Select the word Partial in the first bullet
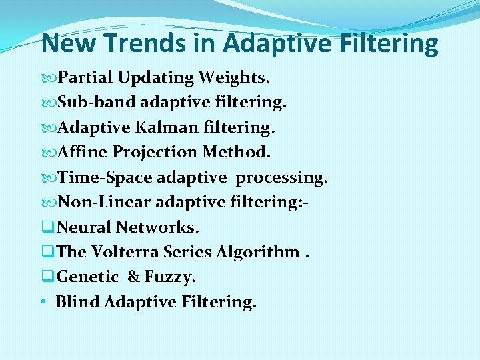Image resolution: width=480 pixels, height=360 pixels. (87, 77)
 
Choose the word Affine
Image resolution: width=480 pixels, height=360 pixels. (83, 152)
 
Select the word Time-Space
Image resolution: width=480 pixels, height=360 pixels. (106, 177)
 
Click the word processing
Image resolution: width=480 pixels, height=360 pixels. (282, 177)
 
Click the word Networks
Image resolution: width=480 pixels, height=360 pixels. (157, 227)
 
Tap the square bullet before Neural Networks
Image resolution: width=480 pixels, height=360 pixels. (47, 228)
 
